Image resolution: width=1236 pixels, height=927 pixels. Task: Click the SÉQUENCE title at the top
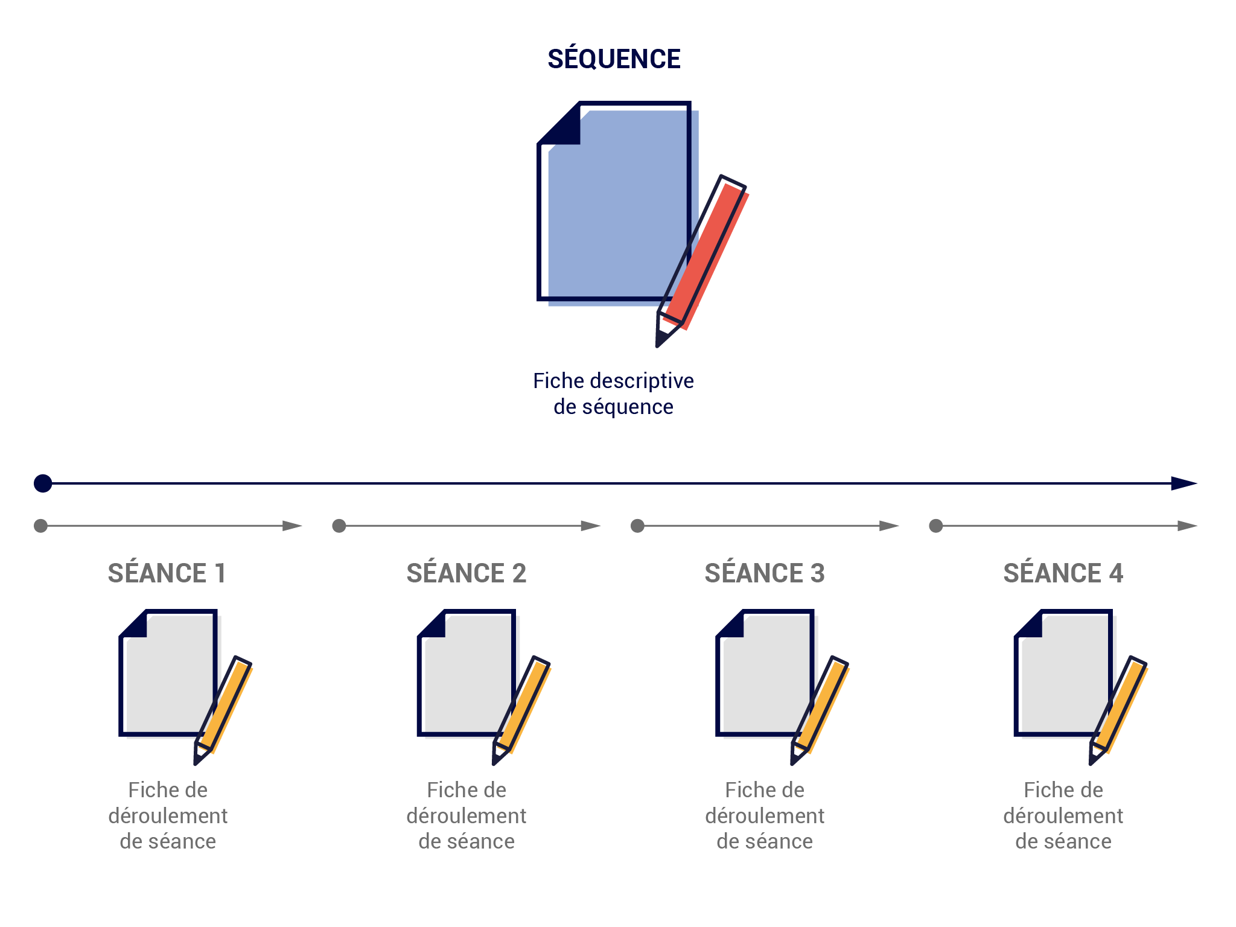[x=614, y=59]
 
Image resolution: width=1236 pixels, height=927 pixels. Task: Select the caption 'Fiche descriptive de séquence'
[x=613, y=393]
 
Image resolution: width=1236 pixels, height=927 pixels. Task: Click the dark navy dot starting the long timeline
[x=43, y=483]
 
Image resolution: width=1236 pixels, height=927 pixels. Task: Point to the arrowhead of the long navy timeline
[x=1184, y=483]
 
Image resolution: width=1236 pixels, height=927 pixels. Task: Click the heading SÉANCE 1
[x=167, y=573]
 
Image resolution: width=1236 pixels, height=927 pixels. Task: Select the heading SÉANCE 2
[x=467, y=573]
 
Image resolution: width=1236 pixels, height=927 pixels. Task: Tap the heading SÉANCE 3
[x=765, y=573]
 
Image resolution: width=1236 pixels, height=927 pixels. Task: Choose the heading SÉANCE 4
[x=1063, y=573]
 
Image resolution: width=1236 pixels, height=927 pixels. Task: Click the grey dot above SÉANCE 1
[x=40, y=526]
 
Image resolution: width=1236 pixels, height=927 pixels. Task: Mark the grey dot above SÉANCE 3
[x=637, y=526]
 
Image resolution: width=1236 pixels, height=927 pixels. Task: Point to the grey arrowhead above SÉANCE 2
[x=591, y=526]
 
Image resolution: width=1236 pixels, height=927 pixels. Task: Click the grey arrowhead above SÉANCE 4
[x=1188, y=526]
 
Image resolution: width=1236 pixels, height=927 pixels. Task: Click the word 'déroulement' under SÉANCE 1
[x=168, y=816]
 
